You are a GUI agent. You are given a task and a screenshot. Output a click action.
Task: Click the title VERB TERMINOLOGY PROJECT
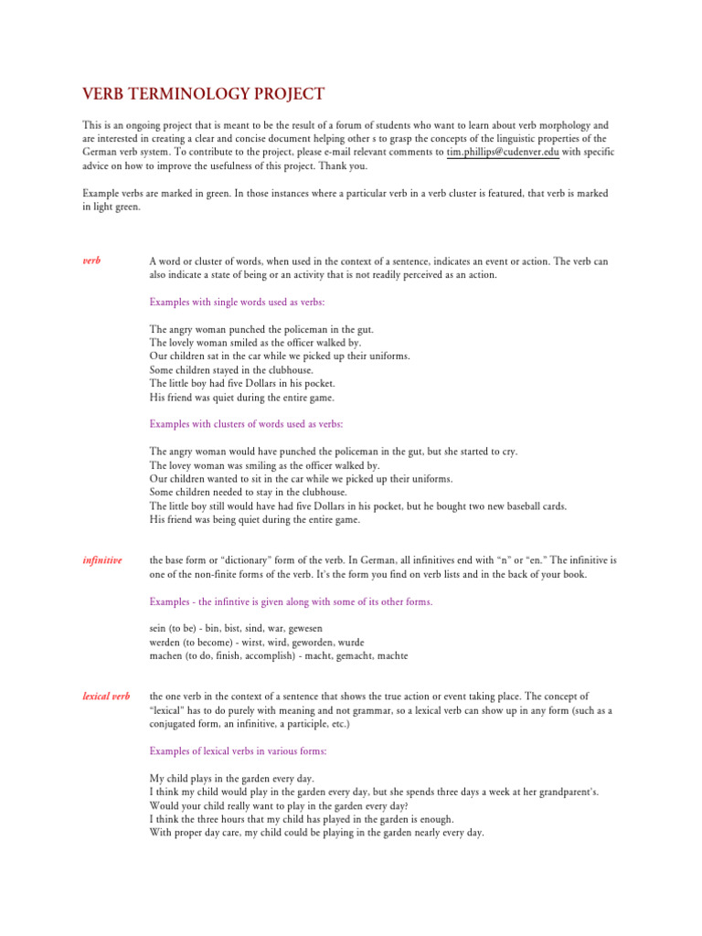[203, 94]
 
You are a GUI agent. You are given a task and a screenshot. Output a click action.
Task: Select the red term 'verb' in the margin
[91, 261]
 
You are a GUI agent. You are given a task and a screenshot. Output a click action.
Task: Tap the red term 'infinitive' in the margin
[102, 559]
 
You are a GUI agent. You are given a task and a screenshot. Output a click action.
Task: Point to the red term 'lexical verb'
[106, 697]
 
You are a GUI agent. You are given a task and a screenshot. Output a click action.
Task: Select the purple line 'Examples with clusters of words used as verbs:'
[247, 424]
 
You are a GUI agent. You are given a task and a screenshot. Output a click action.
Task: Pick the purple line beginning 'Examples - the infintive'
[291, 601]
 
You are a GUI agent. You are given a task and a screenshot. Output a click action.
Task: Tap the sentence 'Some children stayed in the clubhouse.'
[231, 370]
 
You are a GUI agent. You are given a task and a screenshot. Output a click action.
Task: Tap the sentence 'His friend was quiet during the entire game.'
[242, 398]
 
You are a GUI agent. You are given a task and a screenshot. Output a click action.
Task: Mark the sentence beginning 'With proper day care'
[316, 834]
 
